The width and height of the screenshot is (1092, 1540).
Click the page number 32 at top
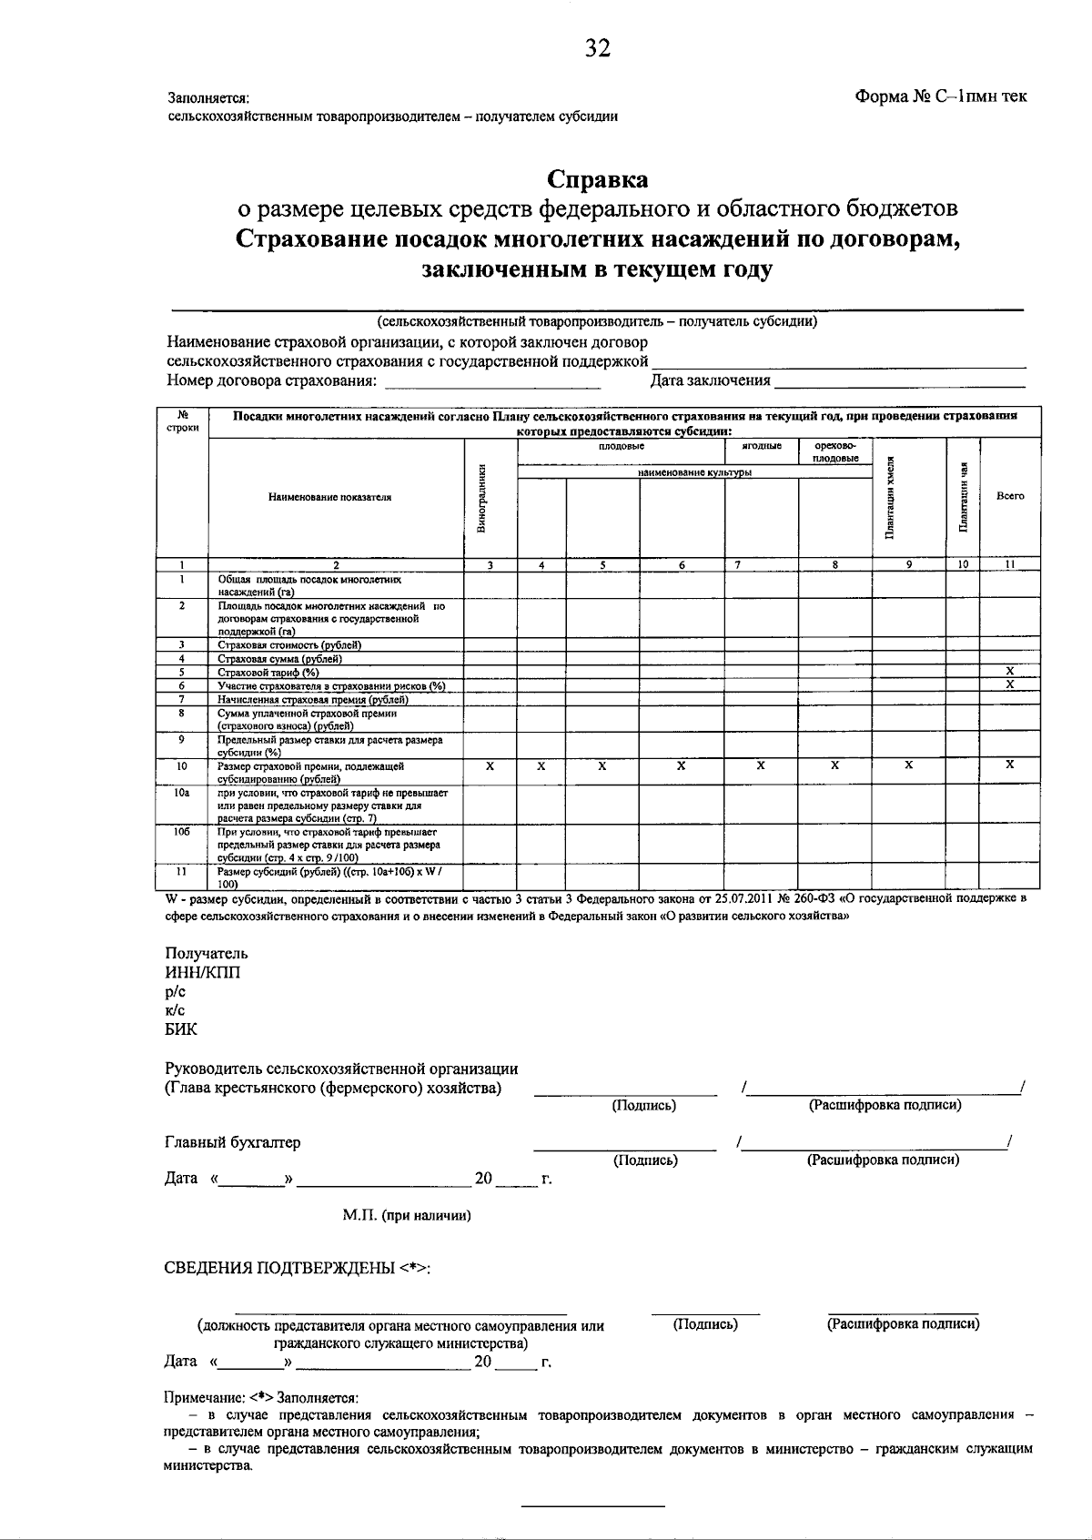click(x=598, y=49)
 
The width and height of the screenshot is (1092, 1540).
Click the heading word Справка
click(x=597, y=178)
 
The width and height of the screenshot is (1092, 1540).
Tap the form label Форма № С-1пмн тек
click(x=941, y=96)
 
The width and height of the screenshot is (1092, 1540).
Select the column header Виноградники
click(x=490, y=498)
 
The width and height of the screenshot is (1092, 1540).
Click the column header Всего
click(x=1010, y=496)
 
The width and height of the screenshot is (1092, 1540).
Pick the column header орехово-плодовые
click(x=835, y=452)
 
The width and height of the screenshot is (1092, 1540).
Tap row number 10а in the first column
click(x=182, y=793)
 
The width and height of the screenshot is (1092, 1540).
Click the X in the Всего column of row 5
click(x=1010, y=671)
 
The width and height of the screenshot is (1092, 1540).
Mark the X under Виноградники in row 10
click(x=490, y=766)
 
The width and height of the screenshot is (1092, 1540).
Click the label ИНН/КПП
click(x=203, y=973)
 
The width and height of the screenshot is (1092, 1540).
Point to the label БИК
click(x=181, y=1030)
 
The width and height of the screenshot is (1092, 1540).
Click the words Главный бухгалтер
click(x=233, y=1142)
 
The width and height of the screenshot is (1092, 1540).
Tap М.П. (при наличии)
click(x=407, y=1215)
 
